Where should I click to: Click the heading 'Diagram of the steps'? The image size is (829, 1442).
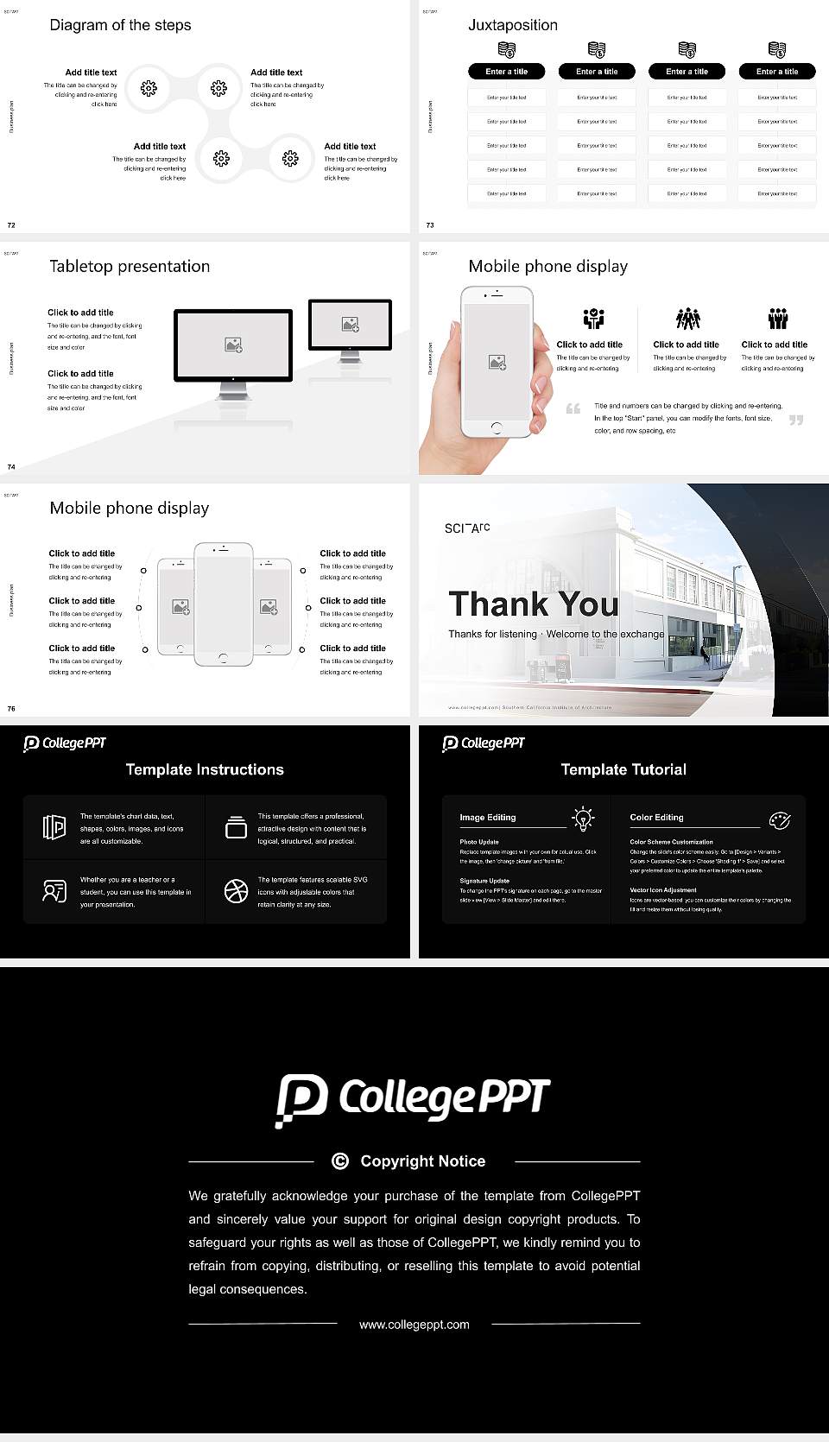coord(120,25)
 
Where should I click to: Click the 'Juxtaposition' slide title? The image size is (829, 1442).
coord(513,25)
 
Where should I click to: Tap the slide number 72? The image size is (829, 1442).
coord(11,225)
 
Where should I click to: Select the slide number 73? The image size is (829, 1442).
coord(430,225)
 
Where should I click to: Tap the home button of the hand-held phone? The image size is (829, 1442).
coord(496,427)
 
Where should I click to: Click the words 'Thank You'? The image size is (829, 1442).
coord(534,604)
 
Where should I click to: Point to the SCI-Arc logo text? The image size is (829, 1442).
coord(467,528)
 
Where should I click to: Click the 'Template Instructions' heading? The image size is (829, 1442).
coord(205,769)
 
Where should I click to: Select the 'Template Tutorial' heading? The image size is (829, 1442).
coord(623,769)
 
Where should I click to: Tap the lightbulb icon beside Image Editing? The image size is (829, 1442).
coord(584,819)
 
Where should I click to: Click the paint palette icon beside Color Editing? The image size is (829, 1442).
coord(780,819)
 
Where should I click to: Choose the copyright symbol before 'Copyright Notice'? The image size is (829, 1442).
coord(340,1161)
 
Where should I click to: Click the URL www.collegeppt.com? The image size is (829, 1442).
coord(414,1325)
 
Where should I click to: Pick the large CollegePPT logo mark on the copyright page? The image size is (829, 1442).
coord(301,1100)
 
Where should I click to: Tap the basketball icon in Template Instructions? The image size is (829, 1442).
coord(236,891)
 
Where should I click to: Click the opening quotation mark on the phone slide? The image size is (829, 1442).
coord(573,408)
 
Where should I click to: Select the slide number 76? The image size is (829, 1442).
coord(11,708)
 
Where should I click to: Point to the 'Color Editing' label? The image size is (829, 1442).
coord(656,817)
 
